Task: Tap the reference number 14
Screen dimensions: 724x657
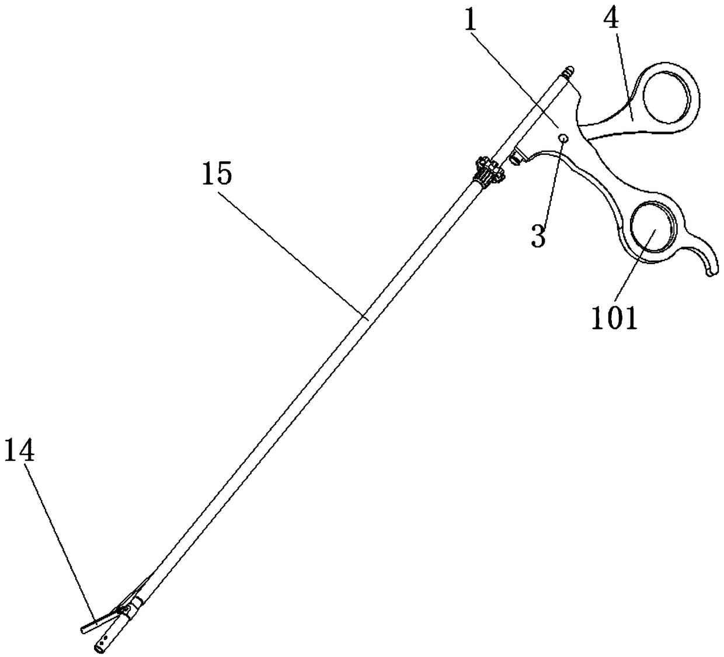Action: (19, 452)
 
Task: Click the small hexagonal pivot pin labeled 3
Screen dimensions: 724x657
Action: (564, 138)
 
